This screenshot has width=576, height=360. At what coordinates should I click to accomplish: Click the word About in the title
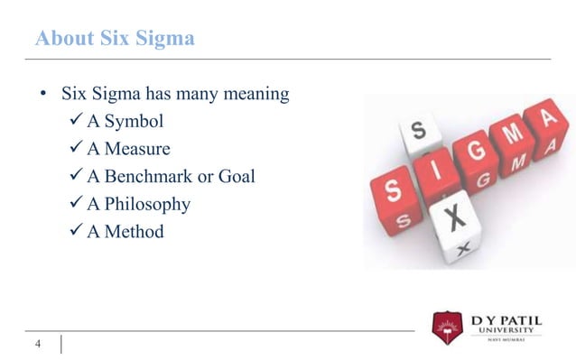(x=62, y=40)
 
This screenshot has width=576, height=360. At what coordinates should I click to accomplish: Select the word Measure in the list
(x=137, y=148)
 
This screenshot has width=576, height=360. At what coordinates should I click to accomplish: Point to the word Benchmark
(x=148, y=176)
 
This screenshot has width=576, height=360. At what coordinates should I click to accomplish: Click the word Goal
(x=237, y=176)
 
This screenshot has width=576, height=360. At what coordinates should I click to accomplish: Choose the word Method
(x=135, y=232)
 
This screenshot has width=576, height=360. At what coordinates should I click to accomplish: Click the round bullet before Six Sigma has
(x=42, y=94)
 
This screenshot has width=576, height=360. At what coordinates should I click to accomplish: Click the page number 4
(x=38, y=344)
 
